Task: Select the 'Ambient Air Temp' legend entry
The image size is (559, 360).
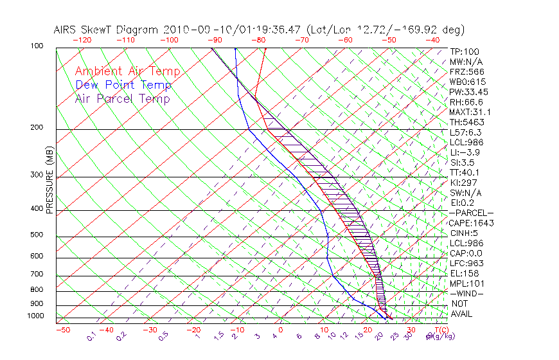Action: tap(127, 71)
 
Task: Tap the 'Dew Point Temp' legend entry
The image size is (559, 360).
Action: tap(123, 85)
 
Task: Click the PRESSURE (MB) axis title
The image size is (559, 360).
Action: tap(50, 181)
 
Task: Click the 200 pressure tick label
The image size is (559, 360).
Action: tap(37, 128)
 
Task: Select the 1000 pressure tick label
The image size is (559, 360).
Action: tap(35, 316)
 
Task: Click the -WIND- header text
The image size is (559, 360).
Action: tap(467, 293)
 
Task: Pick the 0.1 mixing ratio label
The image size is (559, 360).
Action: tap(91, 336)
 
